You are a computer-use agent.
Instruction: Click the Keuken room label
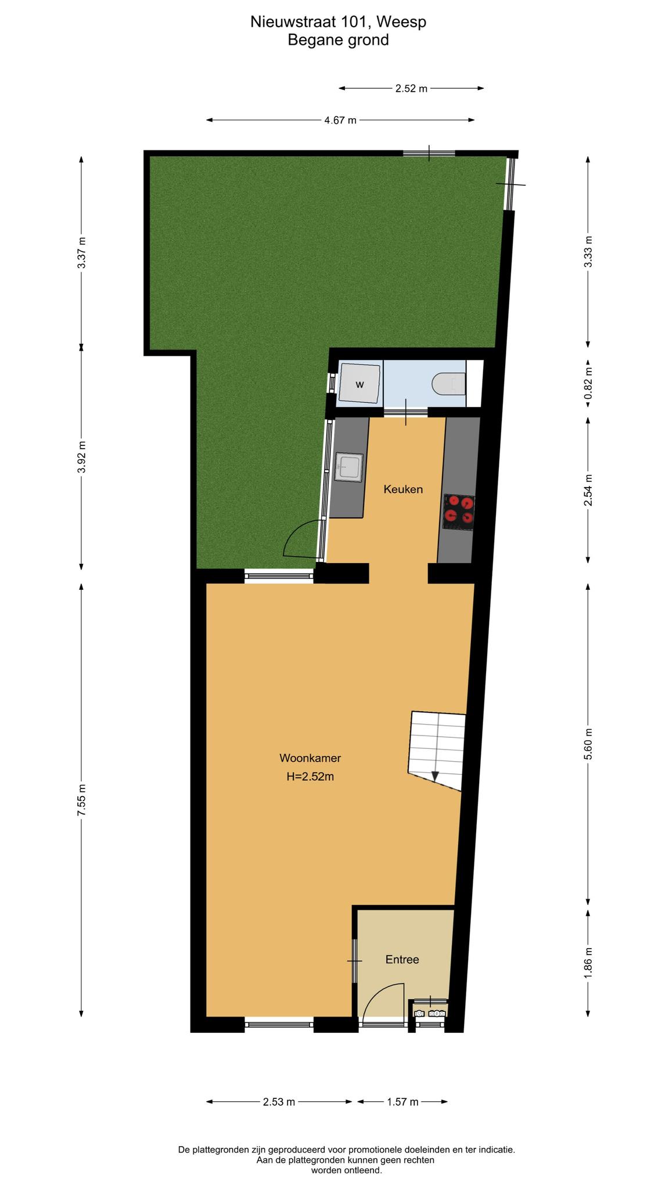pyautogui.click(x=403, y=489)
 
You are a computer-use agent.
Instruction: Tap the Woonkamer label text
pyautogui.click(x=310, y=758)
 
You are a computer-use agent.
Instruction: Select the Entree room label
pyautogui.click(x=402, y=960)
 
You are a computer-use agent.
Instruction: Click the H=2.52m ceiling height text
pyautogui.click(x=310, y=777)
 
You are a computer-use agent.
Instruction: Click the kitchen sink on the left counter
pyautogui.click(x=349, y=467)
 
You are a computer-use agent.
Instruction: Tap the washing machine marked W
pyautogui.click(x=360, y=383)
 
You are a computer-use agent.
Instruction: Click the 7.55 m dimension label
pyautogui.click(x=82, y=801)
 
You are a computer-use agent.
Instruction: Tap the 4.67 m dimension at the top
pyautogui.click(x=340, y=120)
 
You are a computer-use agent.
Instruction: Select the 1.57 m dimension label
pyautogui.click(x=403, y=1102)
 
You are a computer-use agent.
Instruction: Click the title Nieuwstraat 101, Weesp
pyautogui.click(x=339, y=22)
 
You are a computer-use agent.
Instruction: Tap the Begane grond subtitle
pyautogui.click(x=339, y=40)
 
